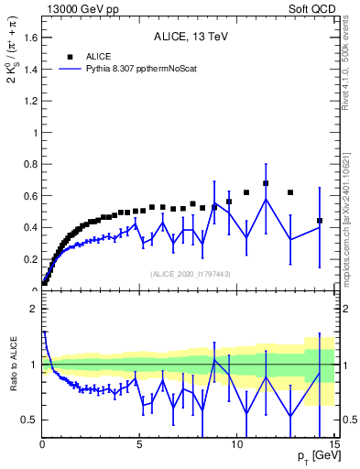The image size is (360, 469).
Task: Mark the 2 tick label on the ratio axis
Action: [33, 309]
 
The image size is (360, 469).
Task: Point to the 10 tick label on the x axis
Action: [236, 443]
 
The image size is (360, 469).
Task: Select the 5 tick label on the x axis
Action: [139, 443]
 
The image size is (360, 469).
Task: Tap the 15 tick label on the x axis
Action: [333, 443]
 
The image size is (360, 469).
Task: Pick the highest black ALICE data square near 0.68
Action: [266, 183]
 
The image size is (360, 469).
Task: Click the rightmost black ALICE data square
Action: [320, 221]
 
